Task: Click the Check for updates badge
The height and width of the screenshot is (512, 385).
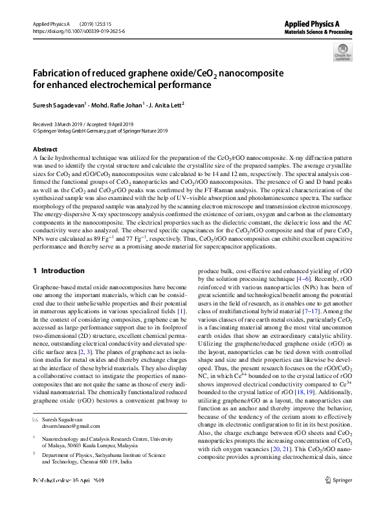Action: tap(342, 51)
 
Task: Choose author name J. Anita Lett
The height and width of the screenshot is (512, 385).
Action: tap(164, 104)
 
